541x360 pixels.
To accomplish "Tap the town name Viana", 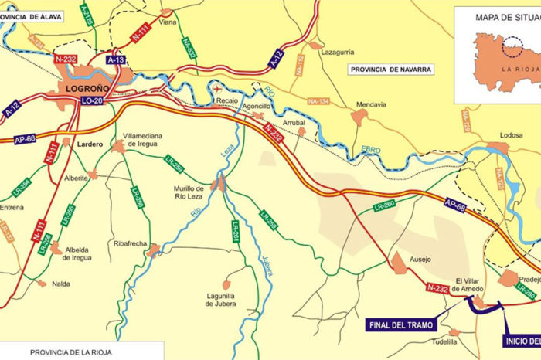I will pos(168,23).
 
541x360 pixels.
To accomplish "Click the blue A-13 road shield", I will pos(117,59).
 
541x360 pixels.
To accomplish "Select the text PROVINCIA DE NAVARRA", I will pos(391,69).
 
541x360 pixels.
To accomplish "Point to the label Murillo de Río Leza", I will pos(189,192).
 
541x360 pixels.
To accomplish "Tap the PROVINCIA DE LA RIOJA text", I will pos(71,352).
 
